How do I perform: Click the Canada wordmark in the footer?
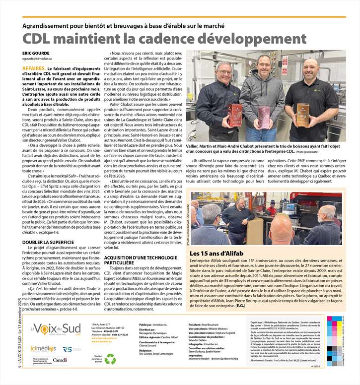(60, 360)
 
